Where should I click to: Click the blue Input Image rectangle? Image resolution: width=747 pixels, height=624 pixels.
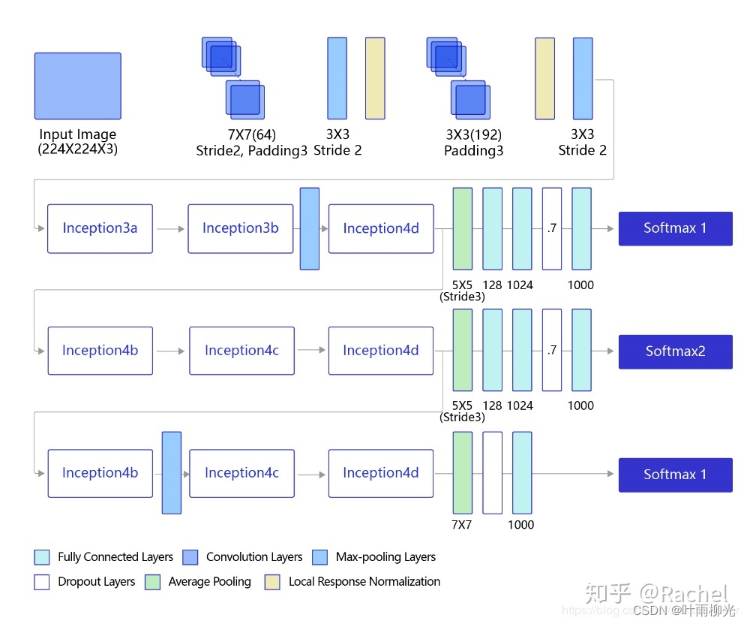[x=77, y=86]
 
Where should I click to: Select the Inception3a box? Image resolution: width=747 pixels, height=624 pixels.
[x=100, y=228]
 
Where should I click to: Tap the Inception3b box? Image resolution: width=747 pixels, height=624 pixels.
[x=240, y=228]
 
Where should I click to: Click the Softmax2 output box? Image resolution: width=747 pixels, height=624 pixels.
[x=675, y=351]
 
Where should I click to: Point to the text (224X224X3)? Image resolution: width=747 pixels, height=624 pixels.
[x=77, y=149]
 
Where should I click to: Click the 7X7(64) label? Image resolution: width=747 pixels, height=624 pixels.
[x=252, y=135]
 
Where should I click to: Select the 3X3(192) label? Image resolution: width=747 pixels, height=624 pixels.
[x=473, y=135]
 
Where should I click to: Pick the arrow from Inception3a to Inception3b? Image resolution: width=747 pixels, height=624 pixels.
[x=170, y=228]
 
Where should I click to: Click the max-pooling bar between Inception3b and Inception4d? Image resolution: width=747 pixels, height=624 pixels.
[x=310, y=228]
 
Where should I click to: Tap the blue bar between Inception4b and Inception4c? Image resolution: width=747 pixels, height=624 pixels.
[x=172, y=472]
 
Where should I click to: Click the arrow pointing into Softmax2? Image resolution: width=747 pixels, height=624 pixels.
[x=604, y=351]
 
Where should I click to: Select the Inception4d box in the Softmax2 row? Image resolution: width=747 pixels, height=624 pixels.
[x=380, y=351]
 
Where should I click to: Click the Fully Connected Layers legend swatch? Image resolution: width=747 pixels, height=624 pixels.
[x=42, y=557]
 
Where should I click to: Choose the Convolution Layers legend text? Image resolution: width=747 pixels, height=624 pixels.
[x=254, y=557]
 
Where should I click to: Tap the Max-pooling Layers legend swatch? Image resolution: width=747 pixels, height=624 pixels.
[x=320, y=557]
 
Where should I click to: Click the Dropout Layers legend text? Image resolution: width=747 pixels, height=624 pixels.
[x=96, y=582]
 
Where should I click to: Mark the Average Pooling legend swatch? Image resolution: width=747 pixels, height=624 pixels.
[x=153, y=582]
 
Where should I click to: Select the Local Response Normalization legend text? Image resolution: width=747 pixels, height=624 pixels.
[x=364, y=582]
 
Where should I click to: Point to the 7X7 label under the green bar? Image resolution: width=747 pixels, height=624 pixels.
[x=462, y=525]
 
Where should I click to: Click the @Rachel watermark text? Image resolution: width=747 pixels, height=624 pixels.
[x=684, y=594]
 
